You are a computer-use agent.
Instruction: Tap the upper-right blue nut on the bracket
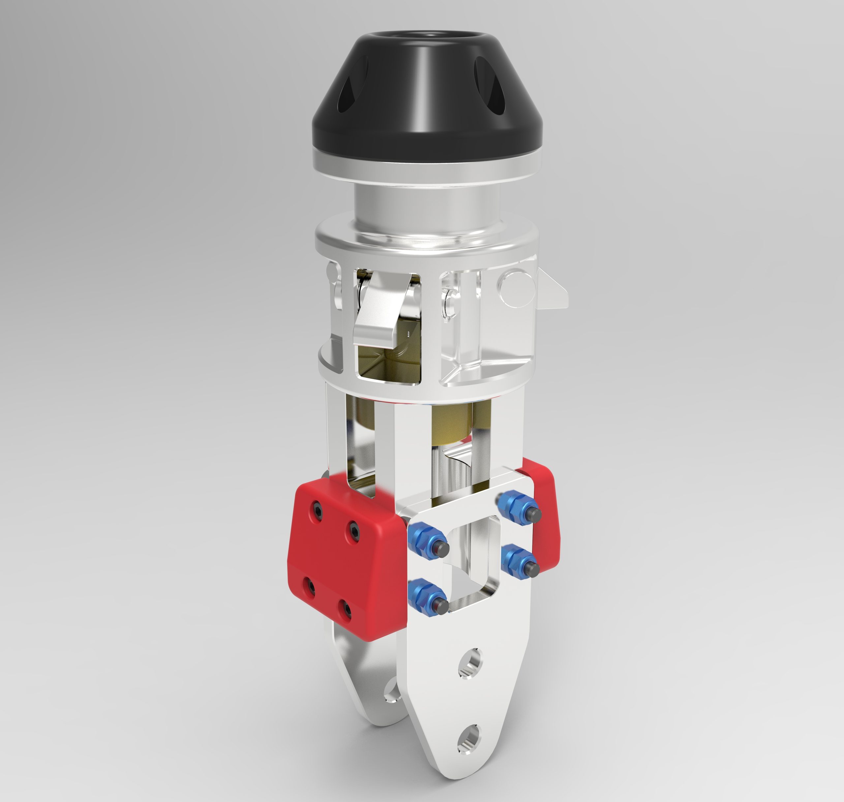pyautogui.click(x=514, y=504)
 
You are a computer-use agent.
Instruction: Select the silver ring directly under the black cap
pyautogui.click(x=427, y=160)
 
